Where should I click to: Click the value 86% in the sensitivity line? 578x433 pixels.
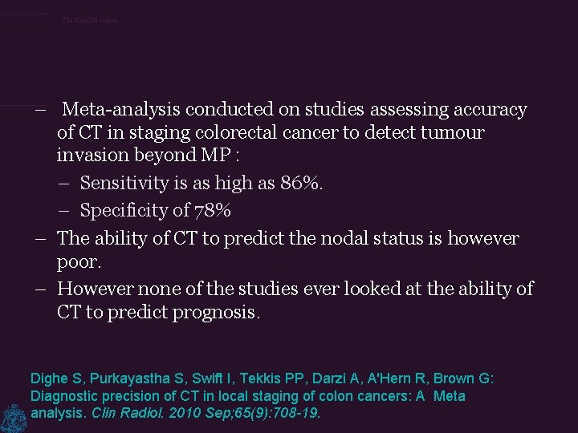(302, 183)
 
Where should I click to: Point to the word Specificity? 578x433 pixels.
(125, 211)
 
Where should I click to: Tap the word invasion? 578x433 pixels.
(91, 155)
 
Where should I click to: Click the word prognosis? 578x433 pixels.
(210, 312)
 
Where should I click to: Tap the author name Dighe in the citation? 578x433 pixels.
(47, 378)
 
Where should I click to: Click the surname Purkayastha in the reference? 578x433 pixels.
(119, 378)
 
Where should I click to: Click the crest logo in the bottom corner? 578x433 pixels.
(14, 417)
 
